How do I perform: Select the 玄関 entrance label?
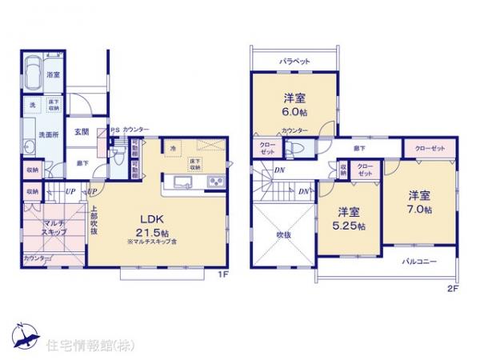[x=82, y=133]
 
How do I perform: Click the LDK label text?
[x=154, y=218]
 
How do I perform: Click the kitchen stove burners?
[x=216, y=183]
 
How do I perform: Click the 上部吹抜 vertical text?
[x=94, y=222]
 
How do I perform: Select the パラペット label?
[x=295, y=61]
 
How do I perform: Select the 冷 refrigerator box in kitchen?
[x=172, y=148]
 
